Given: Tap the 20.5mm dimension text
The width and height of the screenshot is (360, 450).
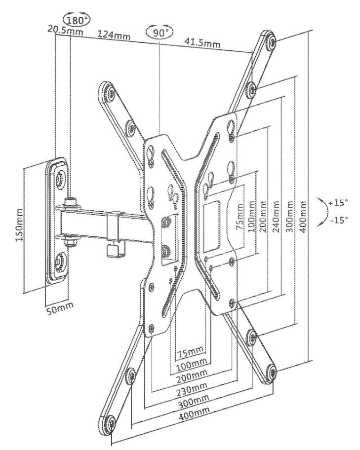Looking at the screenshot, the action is [x=65, y=30].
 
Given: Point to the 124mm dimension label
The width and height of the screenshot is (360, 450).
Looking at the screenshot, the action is [x=114, y=35].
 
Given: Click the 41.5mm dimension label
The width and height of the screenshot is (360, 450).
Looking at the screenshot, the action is [x=202, y=42].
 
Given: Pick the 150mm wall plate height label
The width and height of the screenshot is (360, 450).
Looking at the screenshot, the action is [x=20, y=225].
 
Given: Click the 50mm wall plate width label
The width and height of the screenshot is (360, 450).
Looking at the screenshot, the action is [x=60, y=308].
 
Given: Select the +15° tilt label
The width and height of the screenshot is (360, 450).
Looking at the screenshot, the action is [x=338, y=203].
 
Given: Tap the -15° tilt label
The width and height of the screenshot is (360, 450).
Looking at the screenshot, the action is [x=339, y=221].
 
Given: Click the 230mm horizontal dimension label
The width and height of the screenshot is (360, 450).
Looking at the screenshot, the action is [x=191, y=389].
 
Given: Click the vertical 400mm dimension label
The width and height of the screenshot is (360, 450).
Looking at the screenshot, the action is [x=303, y=217].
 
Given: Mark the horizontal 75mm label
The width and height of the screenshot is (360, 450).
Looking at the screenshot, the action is [x=190, y=352].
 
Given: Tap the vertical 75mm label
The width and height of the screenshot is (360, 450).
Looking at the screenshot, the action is [x=240, y=217].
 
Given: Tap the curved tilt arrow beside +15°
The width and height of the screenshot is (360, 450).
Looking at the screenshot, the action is [x=325, y=212].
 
